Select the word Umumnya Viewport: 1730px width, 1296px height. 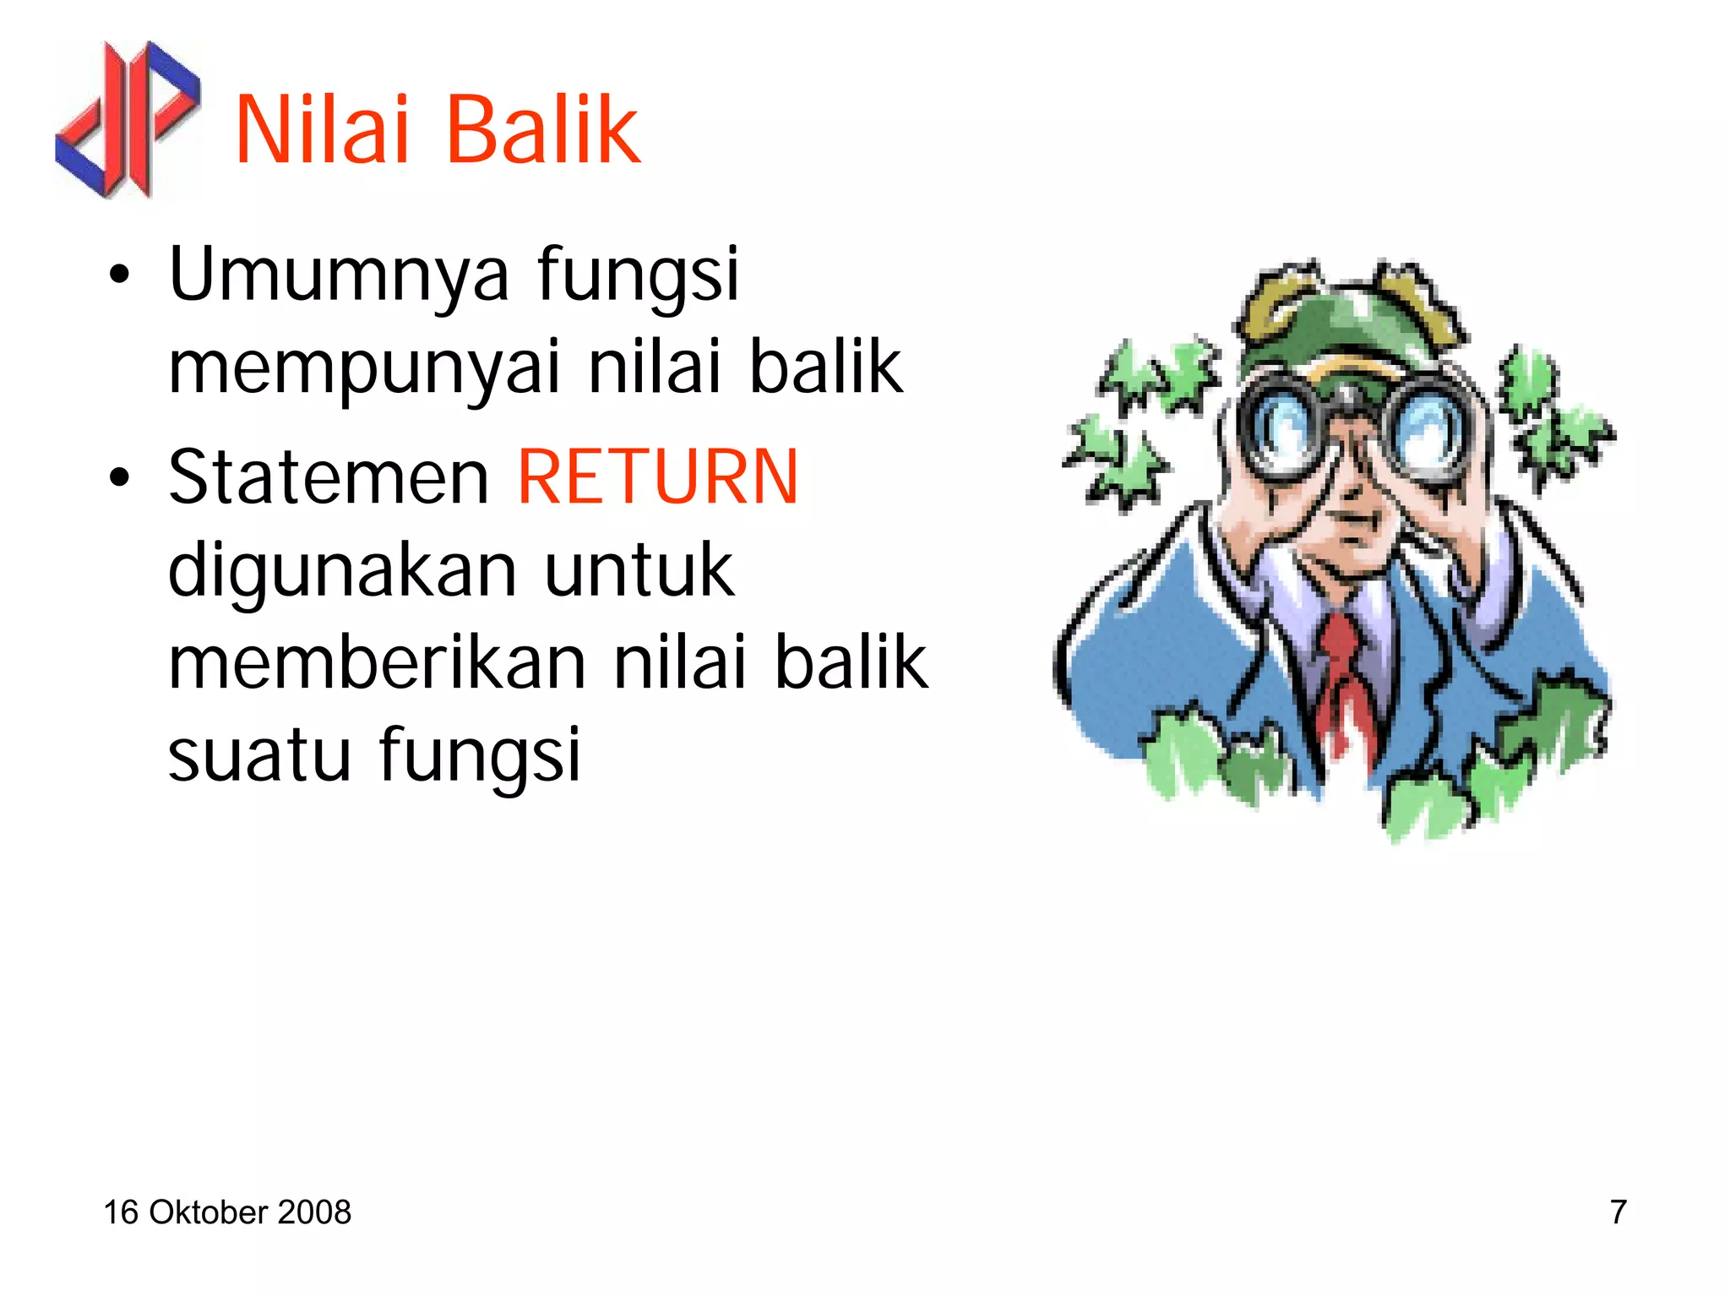(x=339, y=275)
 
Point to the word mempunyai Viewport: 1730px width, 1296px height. (x=364, y=368)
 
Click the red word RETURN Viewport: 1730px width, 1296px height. (x=657, y=477)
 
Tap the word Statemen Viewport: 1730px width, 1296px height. (x=329, y=477)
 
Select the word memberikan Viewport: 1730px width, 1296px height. (x=377, y=663)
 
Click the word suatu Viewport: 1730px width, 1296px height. (x=258, y=754)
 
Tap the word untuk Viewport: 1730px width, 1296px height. (x=639, y=570)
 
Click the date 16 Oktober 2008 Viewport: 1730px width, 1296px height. (x=226, y=1212)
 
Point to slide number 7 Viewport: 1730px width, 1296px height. (x=1618, y=1212)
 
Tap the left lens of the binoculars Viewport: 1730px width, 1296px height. (x=1284, y=422)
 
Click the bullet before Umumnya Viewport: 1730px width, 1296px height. (x=120, y=275)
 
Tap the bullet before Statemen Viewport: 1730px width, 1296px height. (x=120, y=478)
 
